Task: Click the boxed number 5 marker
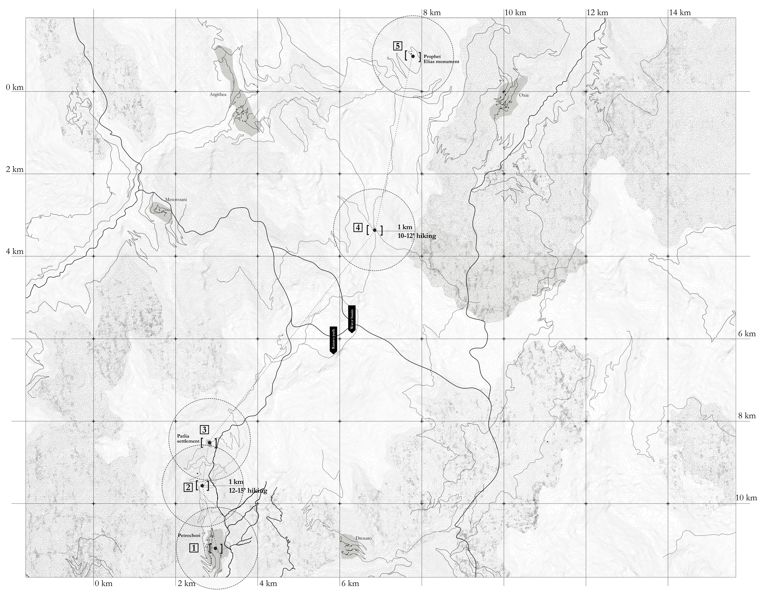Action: pos(398,46)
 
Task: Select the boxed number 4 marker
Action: pos(358,228)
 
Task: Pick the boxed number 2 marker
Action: pos(188,487)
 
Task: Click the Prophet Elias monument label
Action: pos(441,59)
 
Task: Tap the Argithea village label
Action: pos(218,95)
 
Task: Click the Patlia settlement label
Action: pos(188,439)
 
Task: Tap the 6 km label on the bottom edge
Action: pos(350,584)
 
